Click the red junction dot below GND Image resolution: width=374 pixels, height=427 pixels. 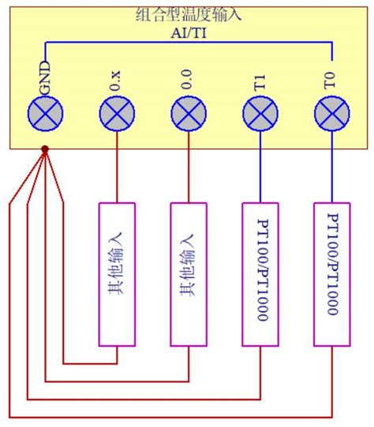tap(45, 149)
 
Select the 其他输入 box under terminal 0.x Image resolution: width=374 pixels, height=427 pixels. tap(117, 273)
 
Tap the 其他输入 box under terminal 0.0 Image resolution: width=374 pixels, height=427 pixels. tap(189, 273)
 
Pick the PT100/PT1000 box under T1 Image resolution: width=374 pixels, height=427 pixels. tap(260, 273)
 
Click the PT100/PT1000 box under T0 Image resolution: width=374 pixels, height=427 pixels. tap(331, 273)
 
